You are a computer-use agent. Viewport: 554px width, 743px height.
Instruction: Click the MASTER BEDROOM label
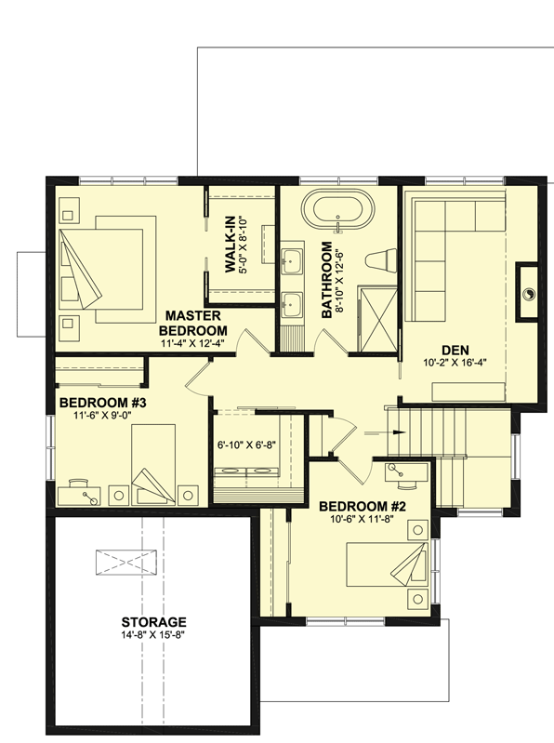193,323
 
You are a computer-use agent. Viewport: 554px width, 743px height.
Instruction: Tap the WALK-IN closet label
231,244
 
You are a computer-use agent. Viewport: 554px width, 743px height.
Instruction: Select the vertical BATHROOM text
327,281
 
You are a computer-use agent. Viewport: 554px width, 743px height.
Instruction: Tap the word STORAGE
154,622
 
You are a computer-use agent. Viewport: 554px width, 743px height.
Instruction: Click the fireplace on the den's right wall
527,292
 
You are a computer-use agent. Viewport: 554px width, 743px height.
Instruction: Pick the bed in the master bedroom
102,263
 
